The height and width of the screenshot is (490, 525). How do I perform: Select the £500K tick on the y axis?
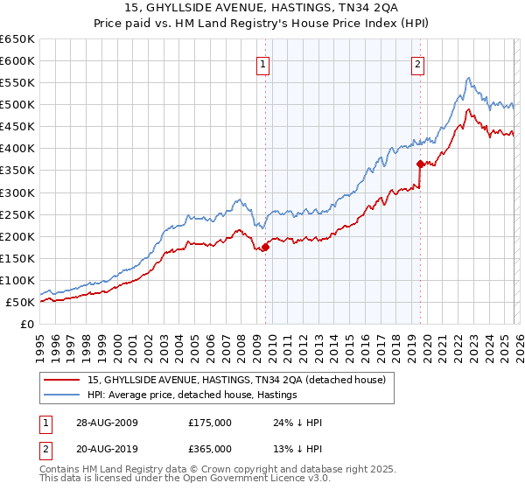tap(17, 105)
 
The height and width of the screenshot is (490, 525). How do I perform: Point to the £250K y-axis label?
tap(17, 214)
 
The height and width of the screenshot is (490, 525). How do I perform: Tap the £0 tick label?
tap(26, 325)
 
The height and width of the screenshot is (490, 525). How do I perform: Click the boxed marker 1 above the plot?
tap(263, 63)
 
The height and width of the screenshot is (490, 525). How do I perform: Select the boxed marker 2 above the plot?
tap(418, 63)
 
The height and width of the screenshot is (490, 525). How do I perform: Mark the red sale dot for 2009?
tap(266, 248)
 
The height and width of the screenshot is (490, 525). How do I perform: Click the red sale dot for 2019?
tap(420, 164)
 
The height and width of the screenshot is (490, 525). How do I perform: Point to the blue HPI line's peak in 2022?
tap(469, 78)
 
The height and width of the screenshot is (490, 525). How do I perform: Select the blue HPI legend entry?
tap(192, 395)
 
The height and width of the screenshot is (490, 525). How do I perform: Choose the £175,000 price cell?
tap(209, 423)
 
